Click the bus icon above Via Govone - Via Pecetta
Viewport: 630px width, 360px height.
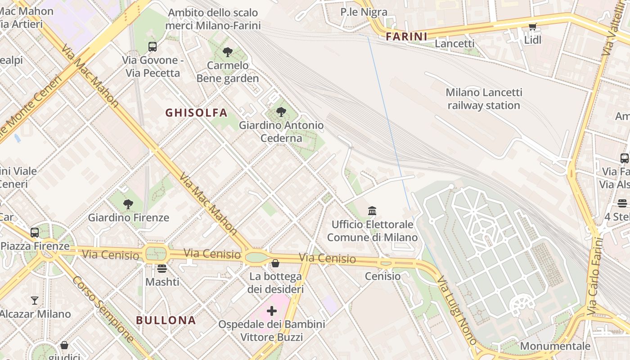coord(153,46)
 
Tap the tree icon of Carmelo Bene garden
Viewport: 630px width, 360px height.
coord(228,52)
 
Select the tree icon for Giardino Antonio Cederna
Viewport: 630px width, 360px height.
coord(281,112)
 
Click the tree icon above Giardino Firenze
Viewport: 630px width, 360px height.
coord(128,204)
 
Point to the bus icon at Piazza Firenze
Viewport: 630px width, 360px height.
coord(35,233)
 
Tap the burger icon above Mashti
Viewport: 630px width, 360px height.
coord(162,269)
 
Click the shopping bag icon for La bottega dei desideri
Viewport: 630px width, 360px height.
coord(275,263)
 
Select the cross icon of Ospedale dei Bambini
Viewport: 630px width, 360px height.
coord(272,311)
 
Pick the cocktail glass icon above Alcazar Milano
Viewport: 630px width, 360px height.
coord(35,301)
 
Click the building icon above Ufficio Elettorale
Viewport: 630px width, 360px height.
coord(372,211)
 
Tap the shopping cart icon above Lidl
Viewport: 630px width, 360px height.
coord(533,27)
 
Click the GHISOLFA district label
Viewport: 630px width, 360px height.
coord(196,112)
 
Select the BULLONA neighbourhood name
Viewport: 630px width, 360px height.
coord(166,320)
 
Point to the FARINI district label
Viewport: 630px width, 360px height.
coord(406,36)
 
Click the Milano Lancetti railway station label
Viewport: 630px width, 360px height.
coord(484,99)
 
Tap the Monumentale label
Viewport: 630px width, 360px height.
coord(555,346)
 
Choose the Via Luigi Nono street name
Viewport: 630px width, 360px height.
coord(457,310)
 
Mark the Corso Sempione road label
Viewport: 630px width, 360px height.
coord(103,309)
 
